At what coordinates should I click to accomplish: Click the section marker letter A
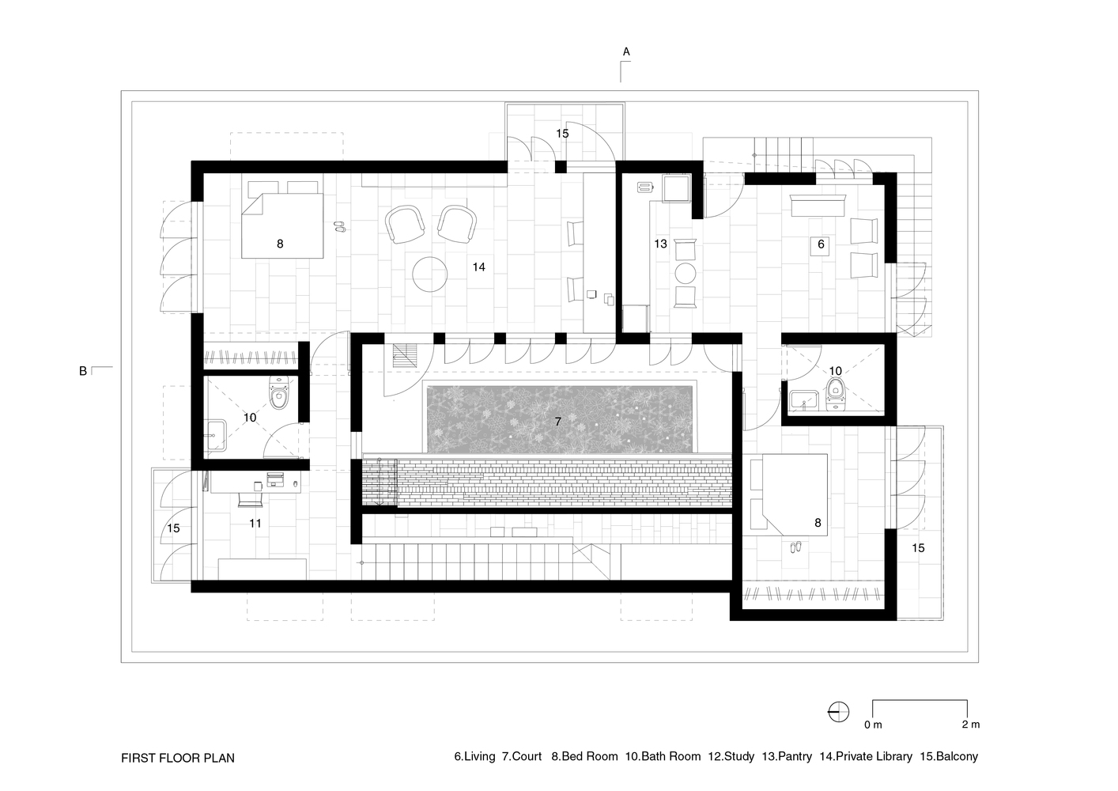tap(626, 51)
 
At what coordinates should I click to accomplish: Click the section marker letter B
tap(82, 370)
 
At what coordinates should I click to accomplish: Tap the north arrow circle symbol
tap(838, 712)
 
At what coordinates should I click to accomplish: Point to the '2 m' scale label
tap(970, 725)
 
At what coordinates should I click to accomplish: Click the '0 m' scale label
tap(872, 725)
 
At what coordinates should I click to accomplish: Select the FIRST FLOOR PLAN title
tap(178, 758)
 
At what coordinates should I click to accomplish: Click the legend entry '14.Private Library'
tap(866, 756)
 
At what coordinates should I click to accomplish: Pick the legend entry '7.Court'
tap(522, 756)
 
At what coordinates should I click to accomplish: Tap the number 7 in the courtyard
tap(557, 422)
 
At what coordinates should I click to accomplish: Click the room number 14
tap(478, 267)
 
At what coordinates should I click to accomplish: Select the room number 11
tap(255, 523)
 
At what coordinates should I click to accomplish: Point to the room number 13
tap(660, 244)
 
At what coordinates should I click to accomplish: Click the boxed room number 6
tap(821, 244)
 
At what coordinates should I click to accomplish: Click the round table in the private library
tap(431, 274)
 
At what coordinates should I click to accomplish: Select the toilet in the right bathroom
tap(836, 393)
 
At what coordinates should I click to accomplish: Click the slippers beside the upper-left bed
tap(339, 226)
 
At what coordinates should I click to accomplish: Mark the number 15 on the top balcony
tap(561, 134)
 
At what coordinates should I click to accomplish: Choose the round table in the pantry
tap(685, 274)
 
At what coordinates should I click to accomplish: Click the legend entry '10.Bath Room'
tap(663, 756)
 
